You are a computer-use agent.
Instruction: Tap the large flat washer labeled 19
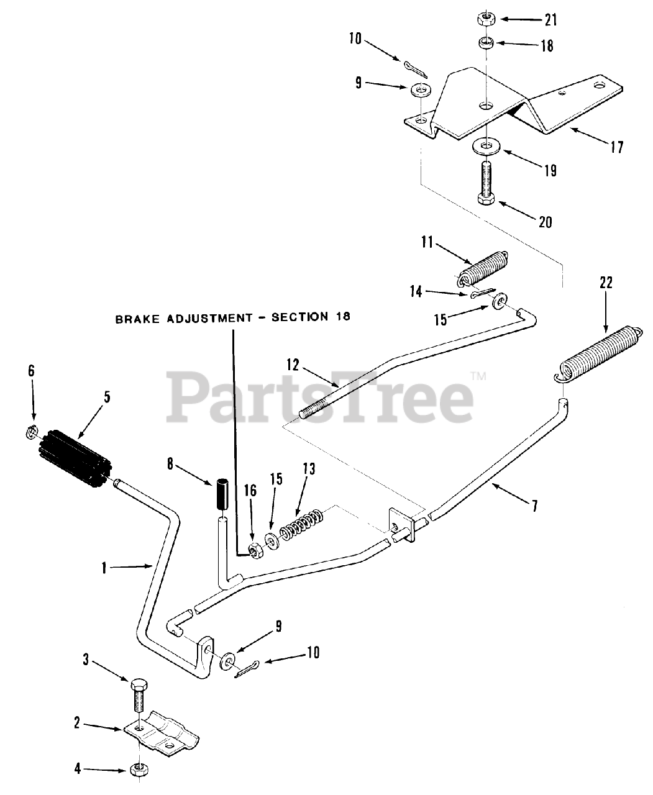(x=486, y=147)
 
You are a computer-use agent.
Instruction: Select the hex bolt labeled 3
(x=139, y=696)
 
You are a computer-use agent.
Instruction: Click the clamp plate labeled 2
(x=162, y=734)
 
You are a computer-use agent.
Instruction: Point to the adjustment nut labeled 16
(x=253, y=549)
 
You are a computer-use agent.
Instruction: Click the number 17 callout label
(x=616, y=147)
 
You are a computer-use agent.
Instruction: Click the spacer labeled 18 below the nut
(x=485, y=43)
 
